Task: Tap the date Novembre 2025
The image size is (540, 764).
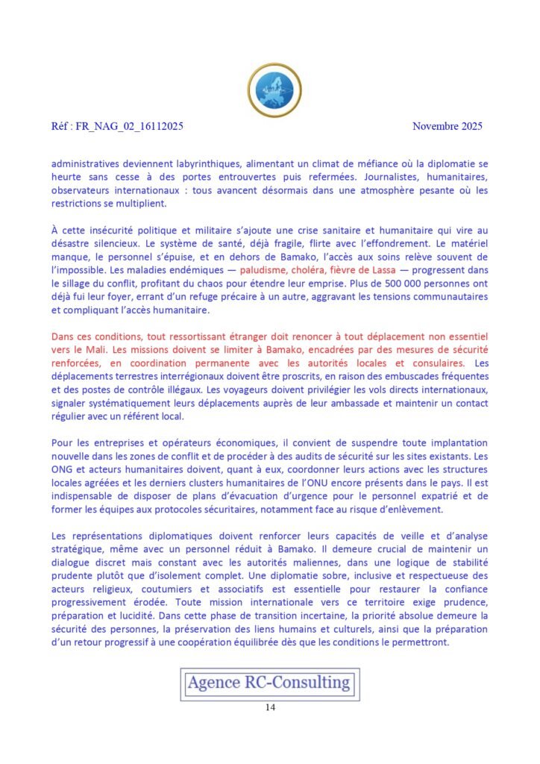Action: (448, 126)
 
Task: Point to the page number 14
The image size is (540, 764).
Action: (270, 707)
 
